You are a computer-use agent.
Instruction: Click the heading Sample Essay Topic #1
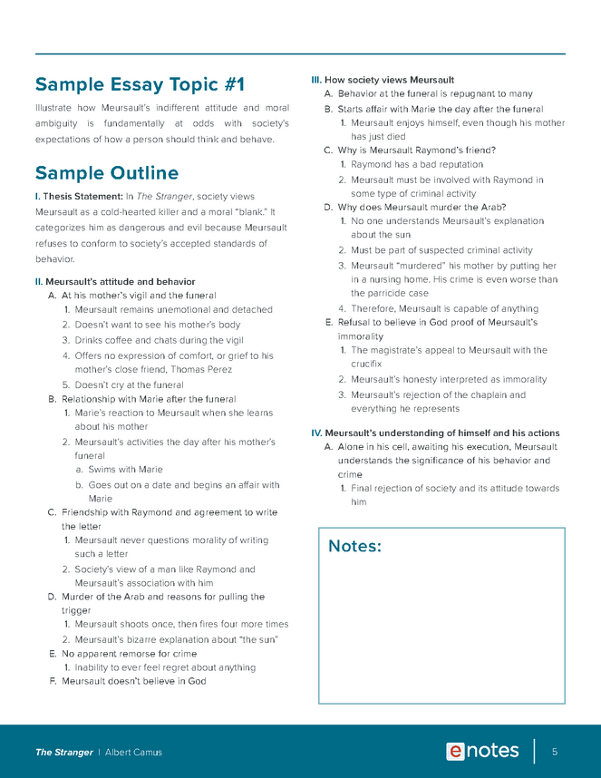coord(140,85)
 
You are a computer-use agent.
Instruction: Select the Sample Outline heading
coord(106,173)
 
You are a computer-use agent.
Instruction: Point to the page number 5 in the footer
coord(554,752)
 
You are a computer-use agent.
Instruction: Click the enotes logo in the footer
coord(482,751)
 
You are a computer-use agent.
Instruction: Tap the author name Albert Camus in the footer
coord(133,753)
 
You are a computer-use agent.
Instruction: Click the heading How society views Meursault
coord(389,80)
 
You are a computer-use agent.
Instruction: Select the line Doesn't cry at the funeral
coord(129,384)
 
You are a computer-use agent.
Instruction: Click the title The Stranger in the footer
coord(63,753)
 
